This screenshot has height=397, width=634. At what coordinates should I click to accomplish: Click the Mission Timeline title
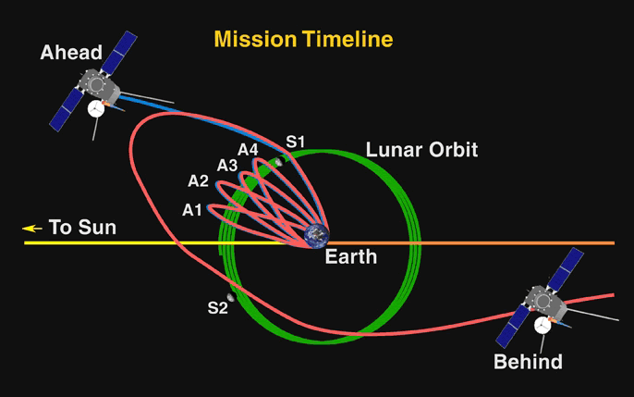pos(303,39)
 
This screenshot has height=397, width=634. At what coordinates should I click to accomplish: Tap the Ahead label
pos(71,53)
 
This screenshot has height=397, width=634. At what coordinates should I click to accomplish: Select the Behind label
pos(528,362)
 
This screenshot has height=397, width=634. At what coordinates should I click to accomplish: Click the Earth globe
pos(317,236)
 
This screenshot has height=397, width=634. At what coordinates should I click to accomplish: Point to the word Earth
pos(351,257)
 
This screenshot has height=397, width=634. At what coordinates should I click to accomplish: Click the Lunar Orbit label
pos(421,150)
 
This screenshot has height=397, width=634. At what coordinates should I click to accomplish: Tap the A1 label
pos(192,210)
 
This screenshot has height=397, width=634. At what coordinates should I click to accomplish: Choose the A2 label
pos(198,180)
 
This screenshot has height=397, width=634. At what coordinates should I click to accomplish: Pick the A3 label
pos(227,166)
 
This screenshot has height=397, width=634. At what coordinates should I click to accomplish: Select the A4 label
pos(248,150)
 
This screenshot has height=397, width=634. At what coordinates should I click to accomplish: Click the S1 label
pos(295,142)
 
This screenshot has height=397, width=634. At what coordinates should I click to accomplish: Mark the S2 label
pos(218,308)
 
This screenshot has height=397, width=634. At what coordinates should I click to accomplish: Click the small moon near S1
pos(278,162)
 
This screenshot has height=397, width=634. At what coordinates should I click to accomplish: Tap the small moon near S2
pos(230,297)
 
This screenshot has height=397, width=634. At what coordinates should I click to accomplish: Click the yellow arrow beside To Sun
pos(32,229)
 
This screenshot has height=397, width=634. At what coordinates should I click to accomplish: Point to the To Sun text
pos(82,227)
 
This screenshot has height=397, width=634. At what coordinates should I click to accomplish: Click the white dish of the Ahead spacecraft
pos(96,109)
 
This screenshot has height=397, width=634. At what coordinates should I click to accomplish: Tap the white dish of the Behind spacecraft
pos(543,325)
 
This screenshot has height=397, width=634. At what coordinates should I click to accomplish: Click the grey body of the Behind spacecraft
pos(545,303)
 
